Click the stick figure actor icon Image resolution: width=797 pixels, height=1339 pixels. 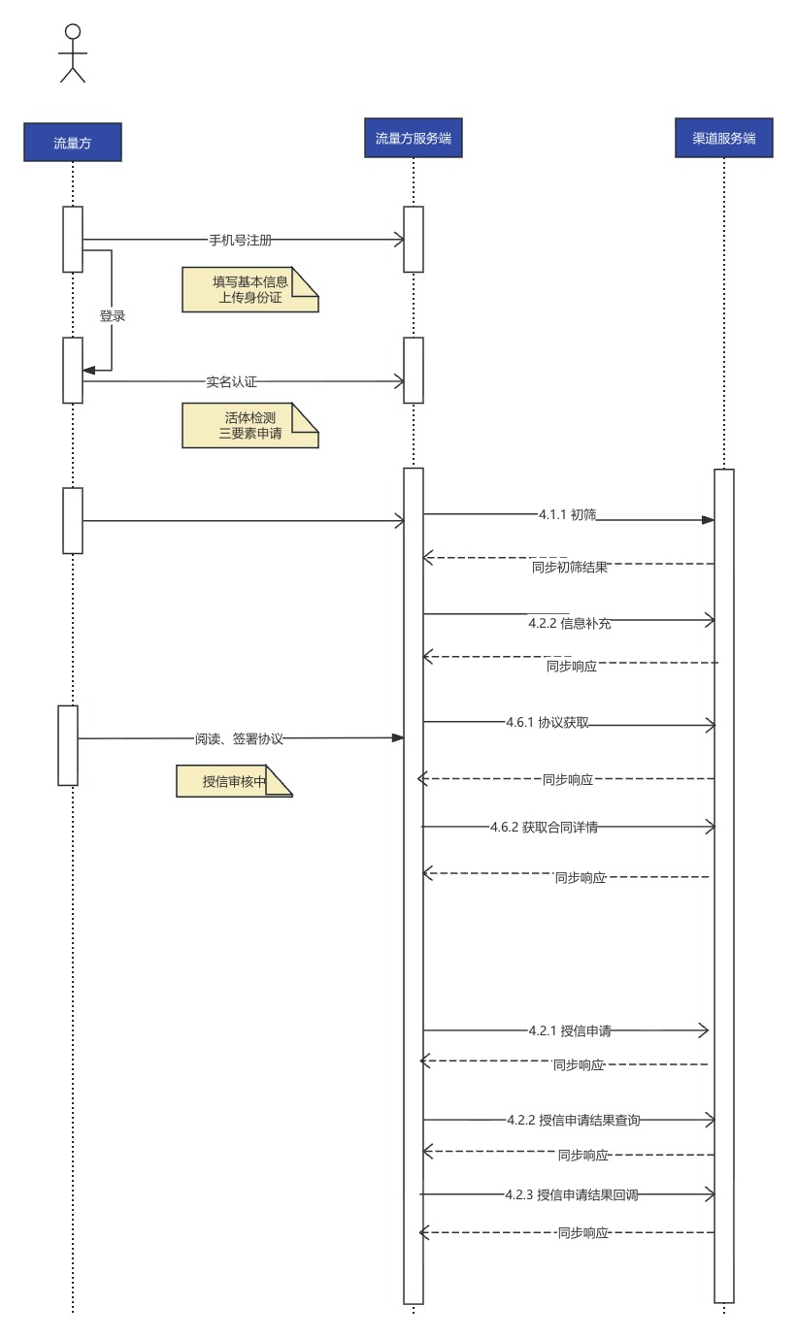point(73,52)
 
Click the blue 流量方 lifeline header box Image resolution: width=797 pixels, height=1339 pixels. point(73,143)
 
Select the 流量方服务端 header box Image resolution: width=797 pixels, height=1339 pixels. point(414,138)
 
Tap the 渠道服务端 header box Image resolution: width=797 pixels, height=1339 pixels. point(724,138)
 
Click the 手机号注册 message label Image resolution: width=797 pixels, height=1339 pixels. point(241,241)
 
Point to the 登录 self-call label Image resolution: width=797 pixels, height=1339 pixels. point(113,316)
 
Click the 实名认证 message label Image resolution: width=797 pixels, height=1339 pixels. point(231,382)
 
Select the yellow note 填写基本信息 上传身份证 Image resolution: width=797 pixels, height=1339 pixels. point(249,289)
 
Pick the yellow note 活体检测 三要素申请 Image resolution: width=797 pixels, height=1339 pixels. point(249,425)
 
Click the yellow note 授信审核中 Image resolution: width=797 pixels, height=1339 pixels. point(234,781)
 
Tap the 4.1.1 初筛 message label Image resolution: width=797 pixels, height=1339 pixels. point(567,514)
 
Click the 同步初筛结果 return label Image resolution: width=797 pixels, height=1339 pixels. point(570,567)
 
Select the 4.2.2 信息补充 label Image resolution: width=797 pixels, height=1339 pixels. point(570,624)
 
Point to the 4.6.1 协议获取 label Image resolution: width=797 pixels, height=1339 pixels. point(548,722)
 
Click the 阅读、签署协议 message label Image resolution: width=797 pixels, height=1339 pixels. point(239,738)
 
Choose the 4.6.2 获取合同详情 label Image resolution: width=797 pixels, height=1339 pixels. point(544,828)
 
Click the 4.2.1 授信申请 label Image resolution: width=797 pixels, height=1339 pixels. point(570,1030)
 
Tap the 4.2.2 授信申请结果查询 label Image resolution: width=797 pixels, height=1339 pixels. point(574,1120)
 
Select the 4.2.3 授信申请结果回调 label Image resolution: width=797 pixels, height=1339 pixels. point(572,1194)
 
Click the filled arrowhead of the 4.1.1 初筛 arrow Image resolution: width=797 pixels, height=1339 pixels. point(708,520)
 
